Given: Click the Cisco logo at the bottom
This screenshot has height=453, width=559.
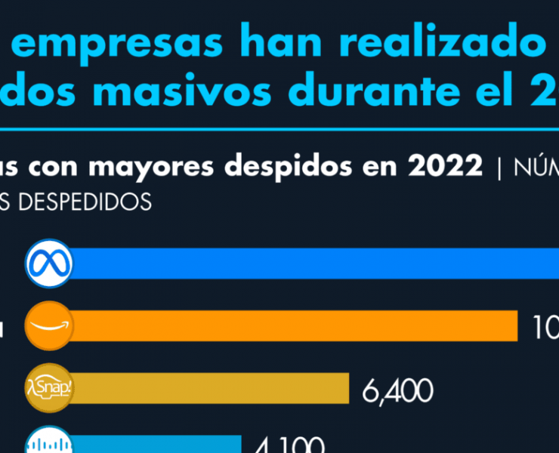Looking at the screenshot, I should (x=49, y=444).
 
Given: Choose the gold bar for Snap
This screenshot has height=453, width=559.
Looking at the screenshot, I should (x=212, y=388).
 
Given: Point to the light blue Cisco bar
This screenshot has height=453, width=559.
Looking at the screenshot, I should (x=159, y=445).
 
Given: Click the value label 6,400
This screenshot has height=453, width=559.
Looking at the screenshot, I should (x=397, y=391).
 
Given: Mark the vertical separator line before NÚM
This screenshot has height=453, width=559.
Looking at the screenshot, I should (x=499, y=167).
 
